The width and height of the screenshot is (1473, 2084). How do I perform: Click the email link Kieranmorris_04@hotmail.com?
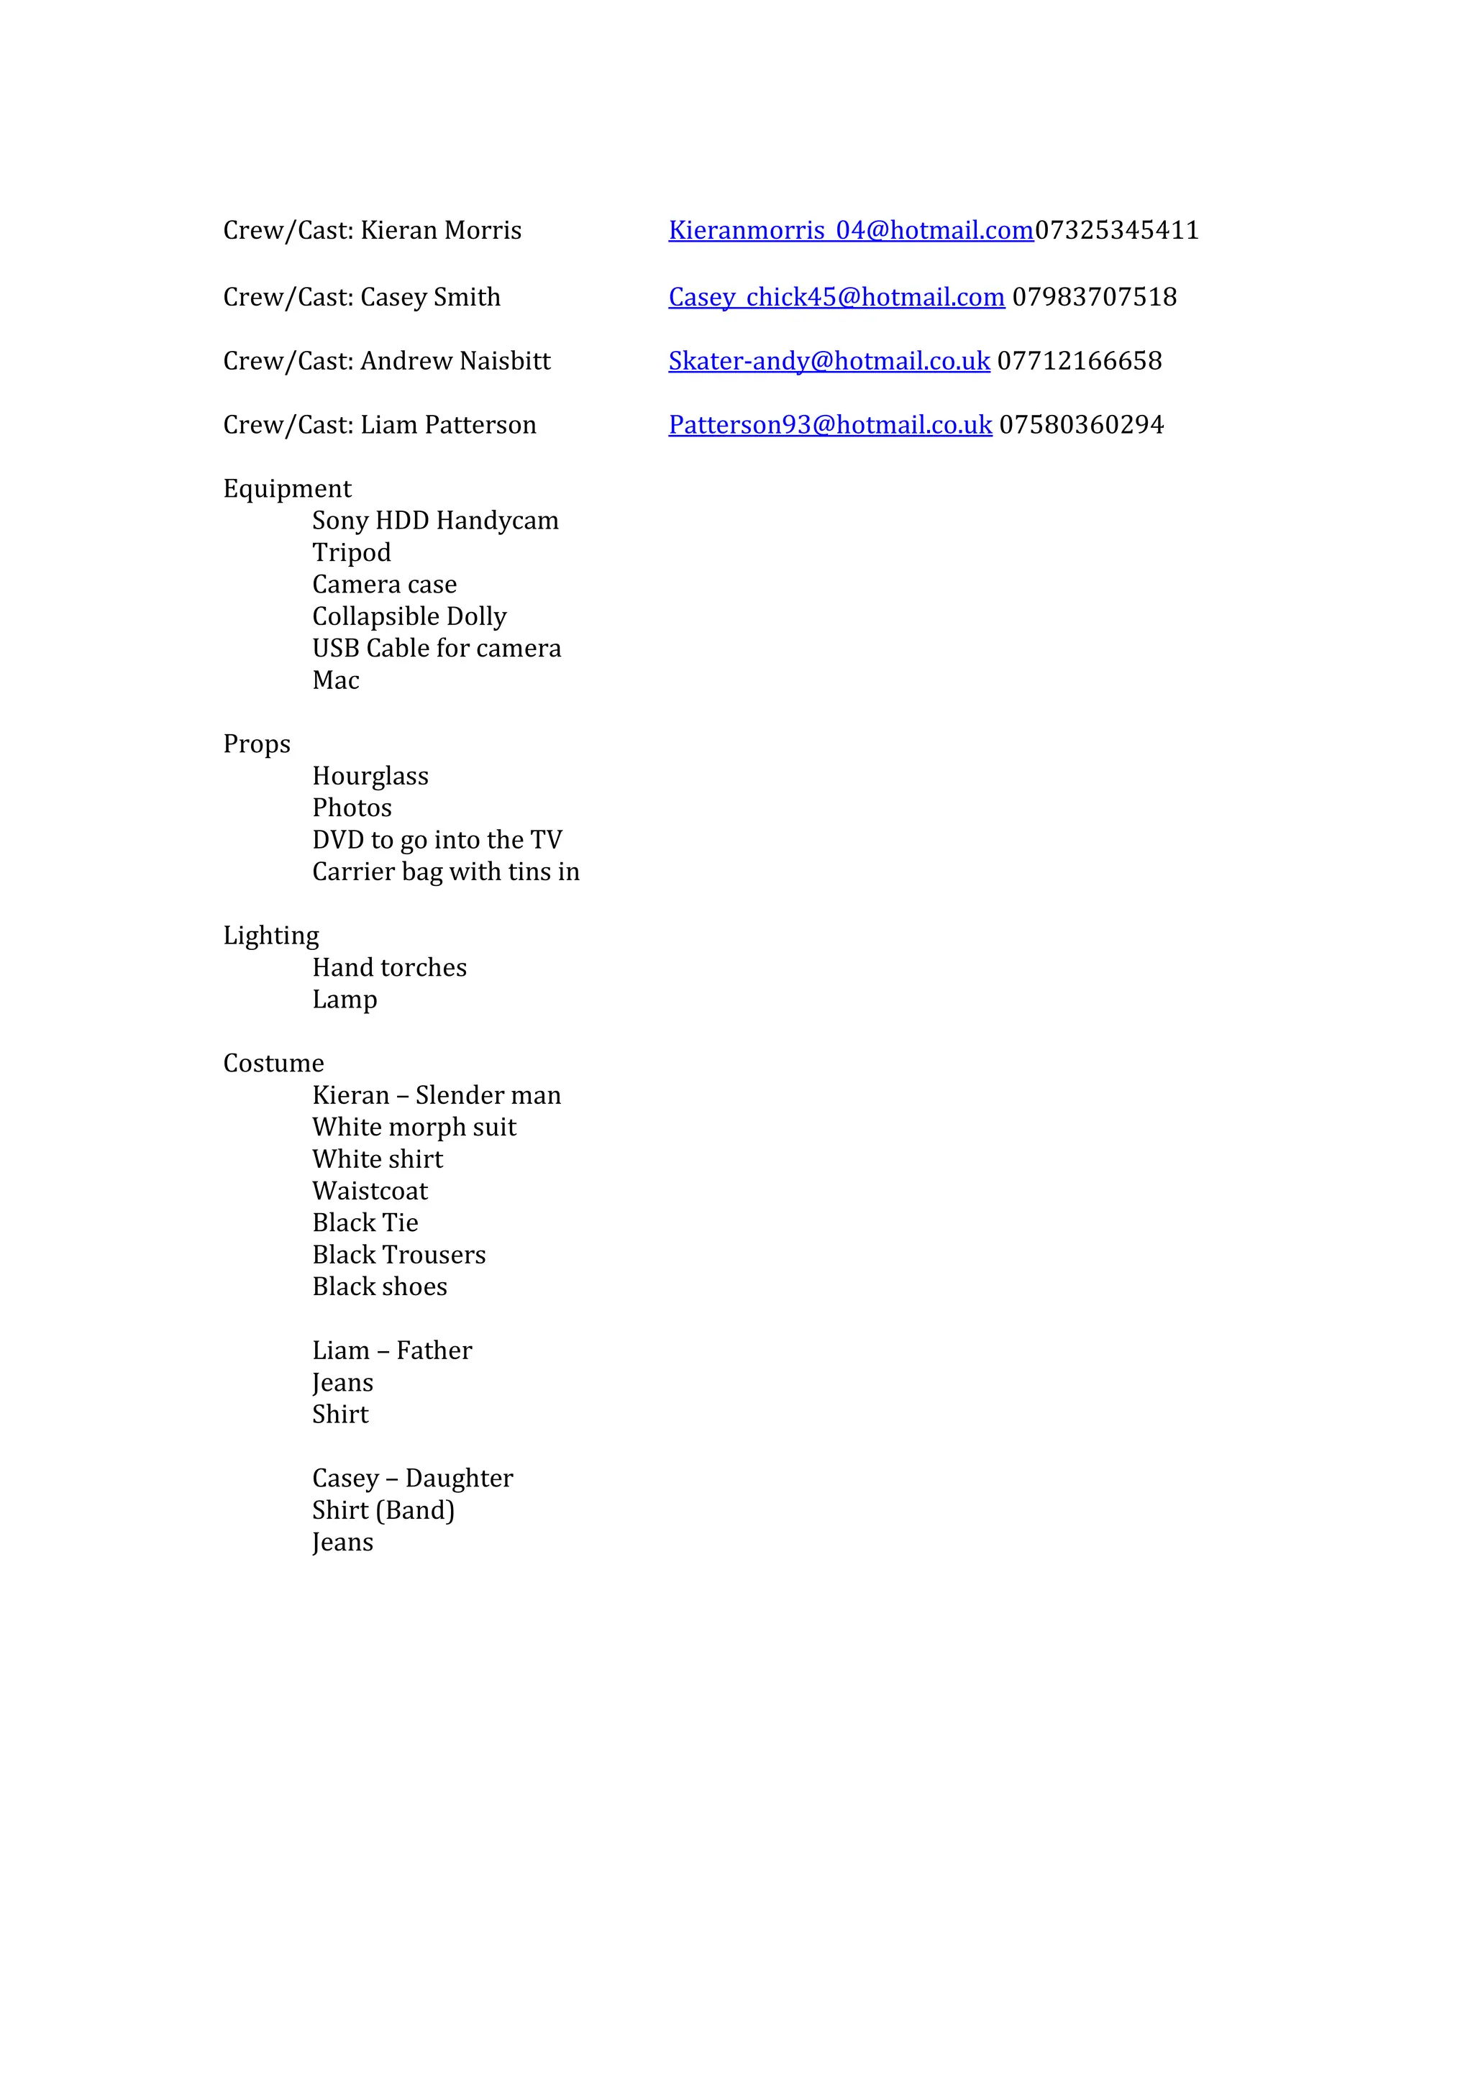pyautogui.click(x=850, y=231)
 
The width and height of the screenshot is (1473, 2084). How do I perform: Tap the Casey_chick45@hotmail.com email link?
pyautogui.click(x=836, y=298)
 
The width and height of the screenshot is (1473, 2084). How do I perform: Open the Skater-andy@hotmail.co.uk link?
pyautogui.click(x=829, y=361)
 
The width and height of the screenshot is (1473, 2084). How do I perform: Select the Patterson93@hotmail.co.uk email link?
pyautogui.click(x=829, y=425)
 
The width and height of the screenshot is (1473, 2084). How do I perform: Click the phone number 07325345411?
pyautogui.click(x=1116, y=231)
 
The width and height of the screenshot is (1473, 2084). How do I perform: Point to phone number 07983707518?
pyautogui.click(x=1094, y=298)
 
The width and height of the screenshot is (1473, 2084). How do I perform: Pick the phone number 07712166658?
pyautogui.click(x=1079, y=361)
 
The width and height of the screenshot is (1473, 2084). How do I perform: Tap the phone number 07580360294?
pyautogui.click(x=1081, y=425)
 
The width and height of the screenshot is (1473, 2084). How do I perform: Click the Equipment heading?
pyautogui.click(x=287, y=489)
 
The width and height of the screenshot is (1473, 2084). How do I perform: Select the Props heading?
pyautogui.click(x=257, y=744)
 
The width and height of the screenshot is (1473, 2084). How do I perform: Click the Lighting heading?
pyautogui.click(x=270, y=936)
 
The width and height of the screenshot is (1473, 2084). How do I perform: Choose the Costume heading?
pyautogui.click(x=273, y=1064)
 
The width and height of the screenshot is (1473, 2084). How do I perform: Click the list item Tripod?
pyautogui.click(x=351, y=553)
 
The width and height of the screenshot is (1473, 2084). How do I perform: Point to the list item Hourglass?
pyautogui.click(x=370, y=776)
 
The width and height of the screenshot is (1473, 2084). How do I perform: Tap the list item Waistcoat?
pyautogui.click(x=370, y=1191)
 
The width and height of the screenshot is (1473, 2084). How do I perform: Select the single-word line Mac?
pyautogui.click(x=336, y=681)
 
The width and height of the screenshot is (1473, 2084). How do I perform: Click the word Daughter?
pyautogui.click(x=460, y=1479)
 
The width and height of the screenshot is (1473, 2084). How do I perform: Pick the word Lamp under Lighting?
pyautogui.click(x=344, y=1000)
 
